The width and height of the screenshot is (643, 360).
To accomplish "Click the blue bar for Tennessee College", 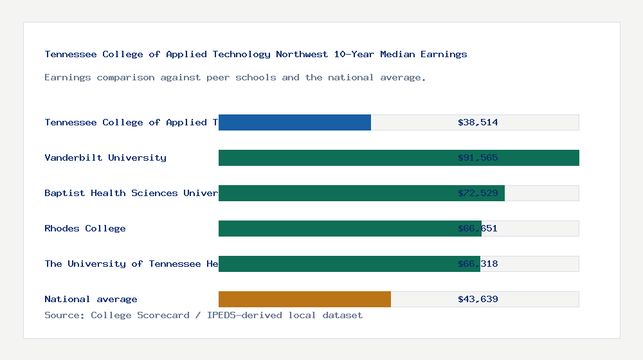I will [x=294, y=122].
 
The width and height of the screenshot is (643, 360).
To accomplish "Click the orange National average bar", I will [x=305, y=299].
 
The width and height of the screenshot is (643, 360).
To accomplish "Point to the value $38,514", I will [x=478, y=122].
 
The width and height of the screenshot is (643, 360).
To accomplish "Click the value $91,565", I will [x=478, y=157].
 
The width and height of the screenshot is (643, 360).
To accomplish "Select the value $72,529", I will [x=478, y=193].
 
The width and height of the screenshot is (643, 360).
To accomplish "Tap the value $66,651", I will [x=478, y=228].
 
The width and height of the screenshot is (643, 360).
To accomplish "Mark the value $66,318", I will [x=478, y=264].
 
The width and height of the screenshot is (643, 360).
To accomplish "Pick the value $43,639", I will [x=478, y=299].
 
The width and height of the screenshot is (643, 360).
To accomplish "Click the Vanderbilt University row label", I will [x=105, y=157].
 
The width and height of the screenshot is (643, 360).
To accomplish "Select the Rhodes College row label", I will [x=85, y=228].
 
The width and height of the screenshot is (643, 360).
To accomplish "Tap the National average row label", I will [x=91, y=299].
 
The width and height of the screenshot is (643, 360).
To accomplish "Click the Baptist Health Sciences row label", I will [x=131, y=193].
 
